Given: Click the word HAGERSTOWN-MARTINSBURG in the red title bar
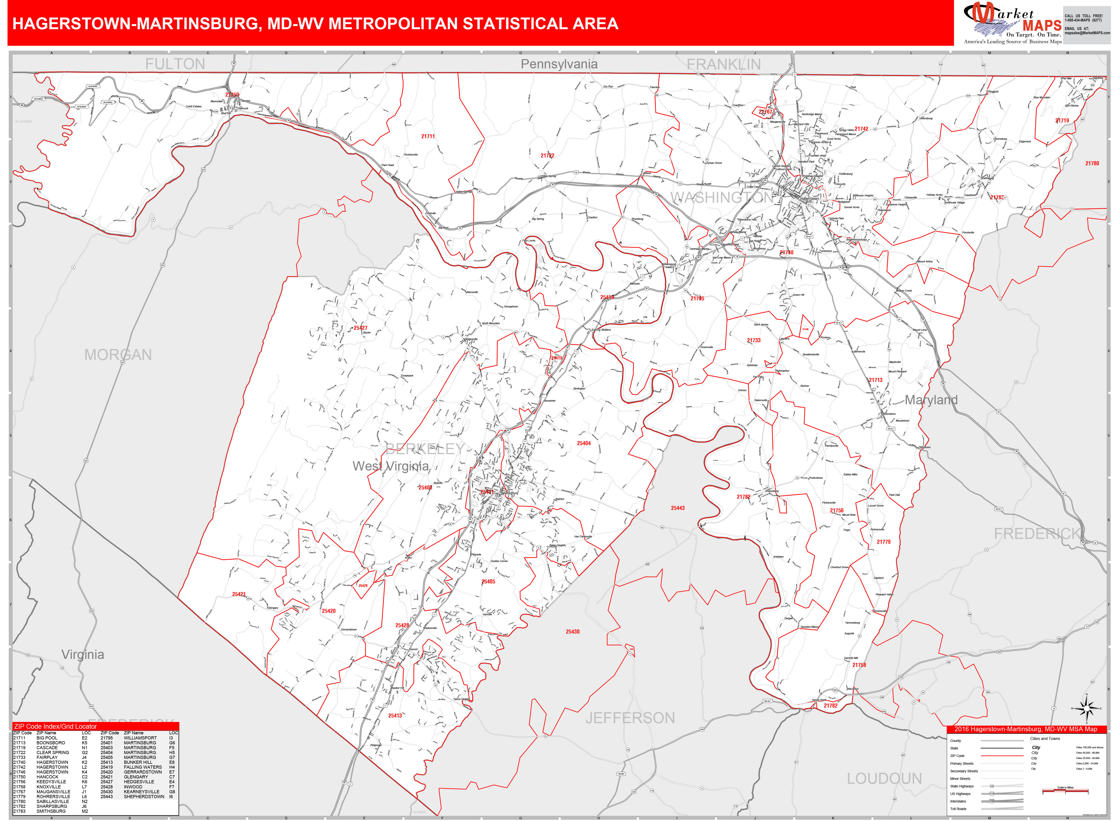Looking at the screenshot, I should [134, 24].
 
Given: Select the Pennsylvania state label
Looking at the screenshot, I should [559, 64].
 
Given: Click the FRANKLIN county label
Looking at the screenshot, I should [723, 64].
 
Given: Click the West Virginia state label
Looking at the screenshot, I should [391, 466].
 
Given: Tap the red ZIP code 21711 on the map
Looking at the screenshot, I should [428, 136].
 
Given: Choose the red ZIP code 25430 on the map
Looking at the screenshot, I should [572, 632].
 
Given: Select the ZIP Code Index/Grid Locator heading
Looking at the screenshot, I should [56, 727].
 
